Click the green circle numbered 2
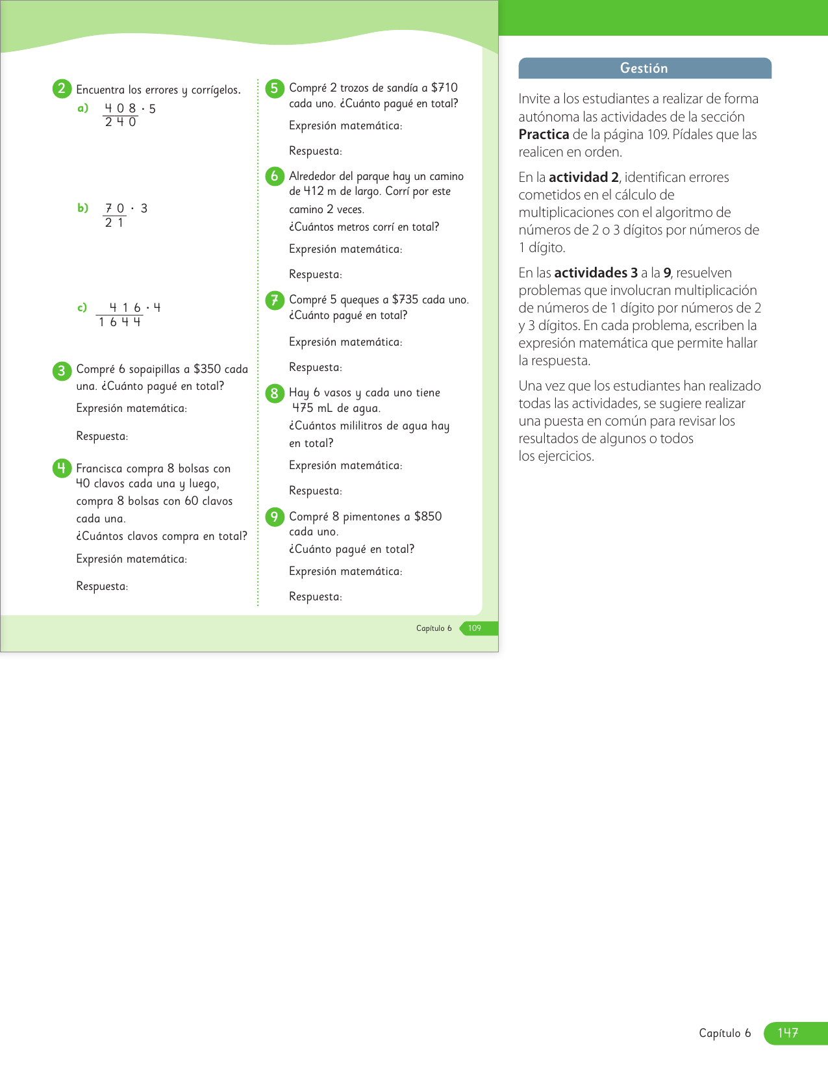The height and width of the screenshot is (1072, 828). point(62,89)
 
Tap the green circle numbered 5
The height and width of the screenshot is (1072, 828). point(275,88)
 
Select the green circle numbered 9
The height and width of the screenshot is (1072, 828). point(275,517)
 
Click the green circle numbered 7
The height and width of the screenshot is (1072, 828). point(275,300)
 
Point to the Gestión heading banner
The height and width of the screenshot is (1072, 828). point(644,68)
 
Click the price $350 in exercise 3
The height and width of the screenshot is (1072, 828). point(207,369)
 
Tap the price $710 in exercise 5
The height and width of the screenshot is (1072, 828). point(444,88)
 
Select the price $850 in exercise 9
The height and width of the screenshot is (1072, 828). point(428,517)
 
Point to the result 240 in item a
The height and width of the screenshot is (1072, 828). point(121,122)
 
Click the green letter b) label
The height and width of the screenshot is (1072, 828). point(83,208)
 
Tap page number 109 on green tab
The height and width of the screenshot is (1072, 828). point(475,628)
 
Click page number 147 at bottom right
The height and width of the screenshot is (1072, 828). point(788,1033)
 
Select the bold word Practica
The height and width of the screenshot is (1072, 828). point(544,134)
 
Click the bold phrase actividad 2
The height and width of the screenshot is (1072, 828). point(583,177)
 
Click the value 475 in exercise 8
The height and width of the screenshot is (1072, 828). point(303,408)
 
